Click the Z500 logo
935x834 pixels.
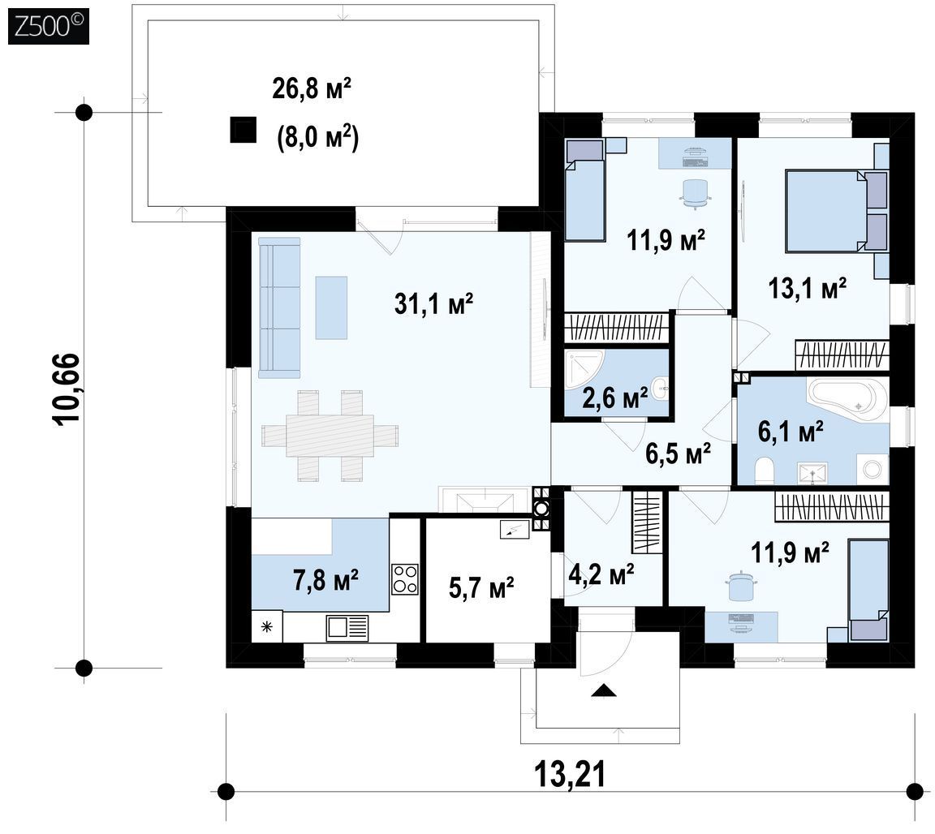(49, 27)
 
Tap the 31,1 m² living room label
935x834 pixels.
(433, 303)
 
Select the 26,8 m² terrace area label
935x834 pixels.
(312, 88)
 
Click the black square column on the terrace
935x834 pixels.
(243, 129)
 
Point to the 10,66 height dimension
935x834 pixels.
(67, 389)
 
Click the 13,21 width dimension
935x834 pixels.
(570, 775)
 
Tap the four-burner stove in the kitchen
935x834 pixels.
(405, 579)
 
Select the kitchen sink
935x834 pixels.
(347, 628)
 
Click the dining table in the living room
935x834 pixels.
(330, 435)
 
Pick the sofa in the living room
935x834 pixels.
(279, 307)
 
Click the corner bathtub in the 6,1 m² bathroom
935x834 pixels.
(846, 399)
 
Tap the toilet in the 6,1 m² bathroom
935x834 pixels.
(764, 471)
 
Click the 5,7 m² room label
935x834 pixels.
(481, 588)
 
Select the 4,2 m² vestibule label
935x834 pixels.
(601, 574)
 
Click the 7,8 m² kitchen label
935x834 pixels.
(325, 579)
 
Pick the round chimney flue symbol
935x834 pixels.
(541, 509)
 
